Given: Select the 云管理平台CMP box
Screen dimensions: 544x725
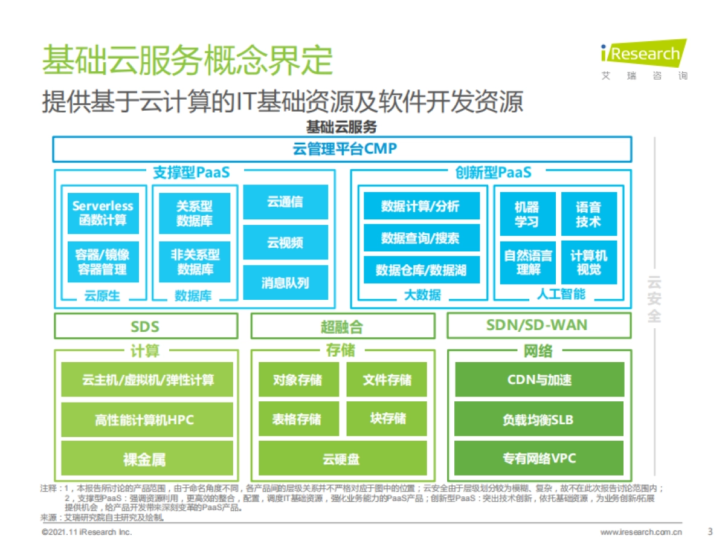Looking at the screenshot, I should click(x=342, y=149).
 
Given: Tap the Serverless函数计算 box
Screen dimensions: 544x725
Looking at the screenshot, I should click(x=103, y=213).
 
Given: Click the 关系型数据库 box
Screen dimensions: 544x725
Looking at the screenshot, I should click(x=195, y=213).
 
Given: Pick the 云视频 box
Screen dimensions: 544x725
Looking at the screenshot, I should click(x=285, y=243).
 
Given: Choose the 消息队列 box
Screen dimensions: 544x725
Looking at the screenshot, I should click(x=285, y=283).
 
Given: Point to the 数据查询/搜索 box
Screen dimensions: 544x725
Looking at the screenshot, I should click(x=421, y=238).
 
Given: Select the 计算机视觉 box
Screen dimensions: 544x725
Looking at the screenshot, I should click(x=589, y=262).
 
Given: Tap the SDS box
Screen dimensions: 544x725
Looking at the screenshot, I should click(x=146, y=326).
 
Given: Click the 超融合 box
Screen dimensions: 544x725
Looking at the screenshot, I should click(x=342, y=326).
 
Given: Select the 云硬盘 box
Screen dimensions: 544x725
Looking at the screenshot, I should click(x=342, y=459).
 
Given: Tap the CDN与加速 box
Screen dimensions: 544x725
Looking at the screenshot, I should click(x=538, y=380).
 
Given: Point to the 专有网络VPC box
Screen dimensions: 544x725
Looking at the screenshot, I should click(x=538, y=458).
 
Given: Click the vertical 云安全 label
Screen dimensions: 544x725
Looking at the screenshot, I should click(x=654, y=299).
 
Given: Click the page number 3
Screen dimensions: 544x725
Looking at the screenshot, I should click(x=710, y=532).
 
